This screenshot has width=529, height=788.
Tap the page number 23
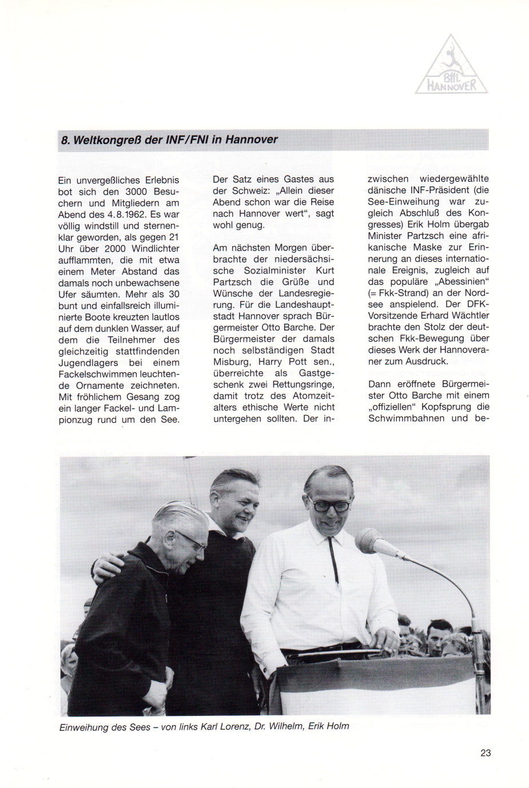coord(485,753)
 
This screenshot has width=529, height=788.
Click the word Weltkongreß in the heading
coord(106,140)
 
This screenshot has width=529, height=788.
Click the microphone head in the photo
coord(371,542)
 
